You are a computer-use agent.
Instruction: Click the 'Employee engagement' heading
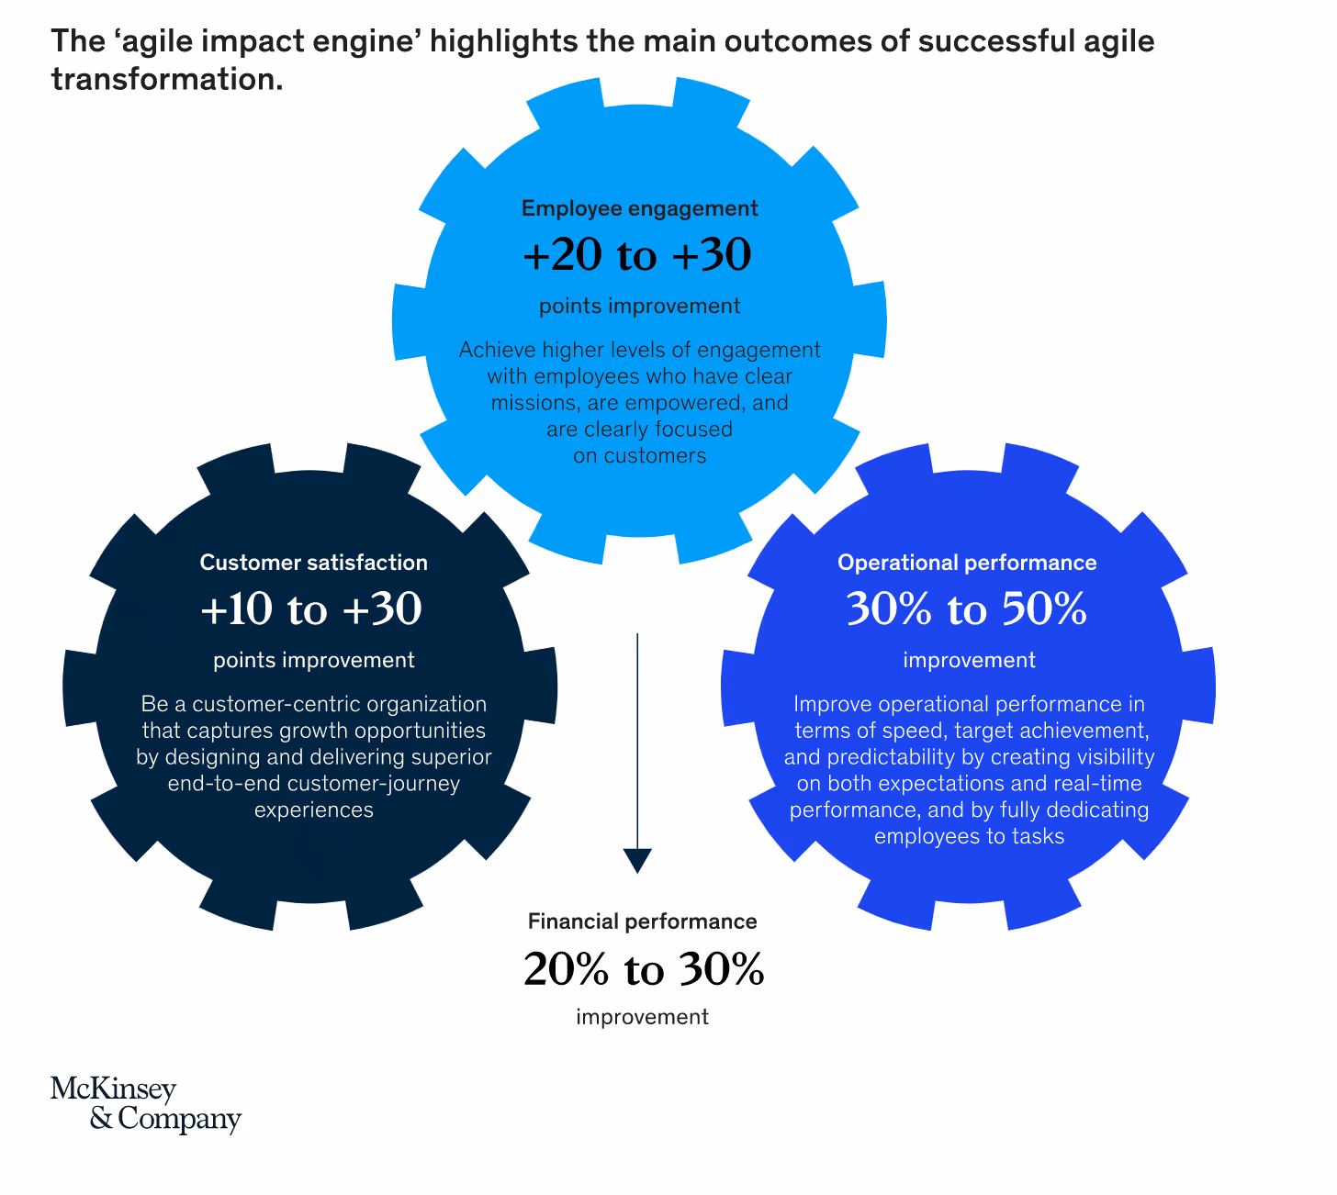tap(639, 208)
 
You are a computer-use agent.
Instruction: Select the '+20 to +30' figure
tap(637, 255)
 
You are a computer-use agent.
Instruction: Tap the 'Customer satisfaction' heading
tap(313, 563)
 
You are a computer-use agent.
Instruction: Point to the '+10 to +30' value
tap(310, 609)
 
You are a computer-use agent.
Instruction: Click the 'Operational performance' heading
tap(967, 563)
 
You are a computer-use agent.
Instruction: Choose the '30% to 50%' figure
tap(966, 609)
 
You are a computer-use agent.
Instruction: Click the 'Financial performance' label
tap(642, 921)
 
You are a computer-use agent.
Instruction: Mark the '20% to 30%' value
tap(643, 969)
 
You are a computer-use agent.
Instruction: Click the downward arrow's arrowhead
tap(637, 861)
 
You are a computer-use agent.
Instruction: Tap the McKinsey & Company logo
tap(145, 1104)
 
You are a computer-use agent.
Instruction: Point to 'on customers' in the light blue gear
tap(640, 456)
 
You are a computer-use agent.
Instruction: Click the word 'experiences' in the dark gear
tap(313, 810)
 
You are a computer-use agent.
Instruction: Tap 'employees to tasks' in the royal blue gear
tap(969, 836)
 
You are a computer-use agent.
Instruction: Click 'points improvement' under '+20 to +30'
tap(639, 307)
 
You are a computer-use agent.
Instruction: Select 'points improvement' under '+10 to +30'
tap(313, 660)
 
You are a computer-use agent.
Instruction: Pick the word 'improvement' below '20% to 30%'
tap(642, 1017)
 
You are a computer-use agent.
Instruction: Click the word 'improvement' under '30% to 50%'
tap(969, 660)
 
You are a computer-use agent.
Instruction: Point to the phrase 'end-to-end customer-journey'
tap(313, 784)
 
